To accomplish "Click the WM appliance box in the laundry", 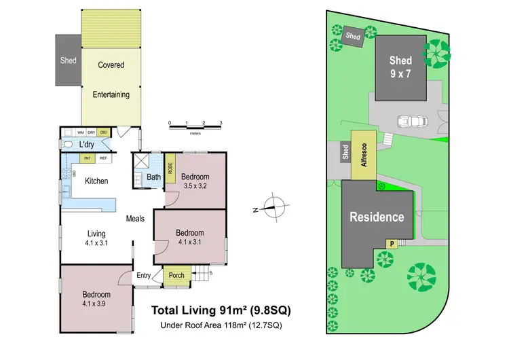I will pyautogui.click(x=80, y=132).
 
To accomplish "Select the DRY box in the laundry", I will pyautogui.click(x=92, y=132).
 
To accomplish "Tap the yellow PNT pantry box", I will pyautogui.click(x=87, y=158).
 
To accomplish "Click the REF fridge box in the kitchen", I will pyautogui.click(x=103, y=158).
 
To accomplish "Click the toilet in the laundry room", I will pyautogui.click(x=68, y=145).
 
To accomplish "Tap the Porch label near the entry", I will pyautogui.click(x=176, y=275).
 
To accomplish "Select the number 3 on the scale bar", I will pyautogui.click(x=221, y=123).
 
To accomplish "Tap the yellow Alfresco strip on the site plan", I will pyautogui.click(x=363, y=155).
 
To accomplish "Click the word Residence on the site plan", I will pyautogui.click(x=377, y=217).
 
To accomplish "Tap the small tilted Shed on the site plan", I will pyautogui.click(x=353, y=36).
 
